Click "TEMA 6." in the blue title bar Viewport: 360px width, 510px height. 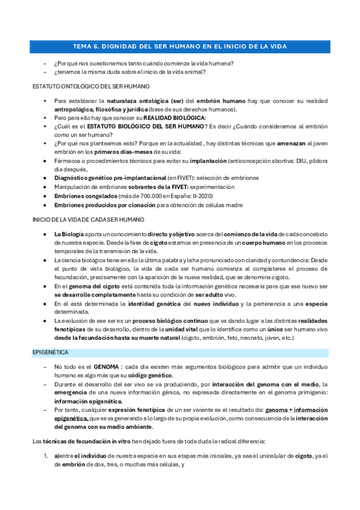pos(86,46)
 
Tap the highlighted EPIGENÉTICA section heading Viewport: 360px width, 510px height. pos(50,352)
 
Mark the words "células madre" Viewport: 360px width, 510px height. pos(221,204)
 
